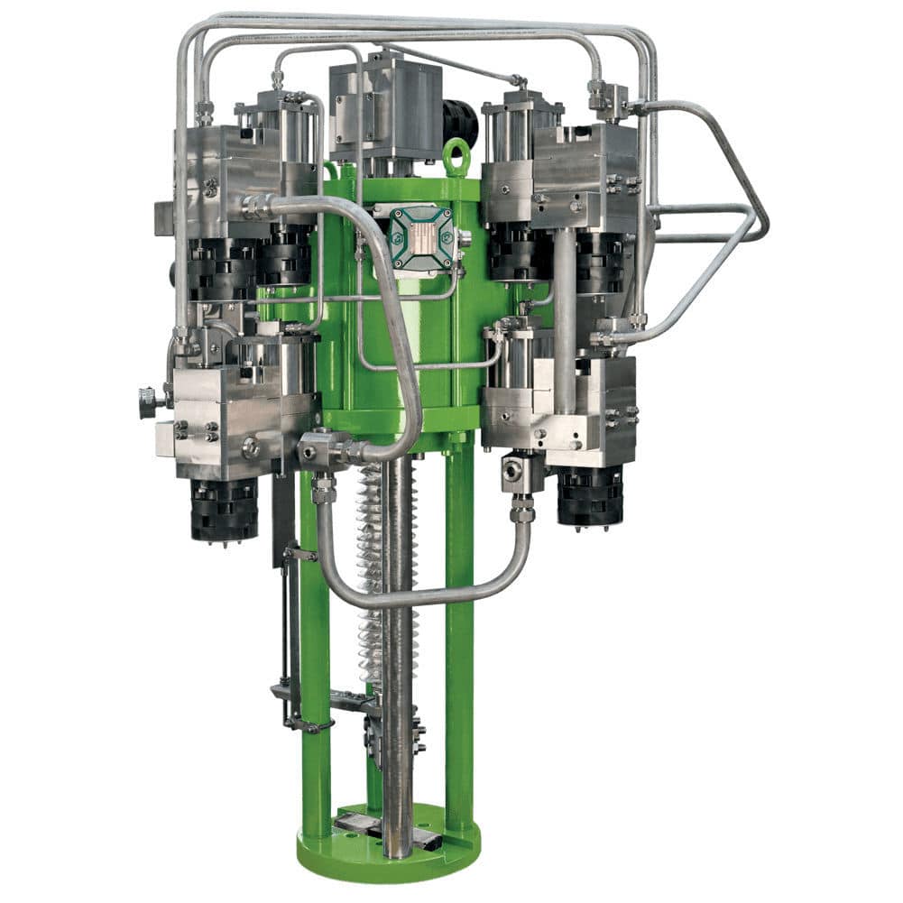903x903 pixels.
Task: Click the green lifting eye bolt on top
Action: pyautogui.click(x=457, y=156)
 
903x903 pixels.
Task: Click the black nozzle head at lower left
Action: pyautogui.click(x=224, y=510)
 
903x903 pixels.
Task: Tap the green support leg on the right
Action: pyautogui.click(x=459, y=631)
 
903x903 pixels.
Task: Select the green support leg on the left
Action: pyautogui.click(x=315, y=650)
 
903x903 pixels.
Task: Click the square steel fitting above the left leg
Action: pyautogui.click(x=320, y=447)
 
